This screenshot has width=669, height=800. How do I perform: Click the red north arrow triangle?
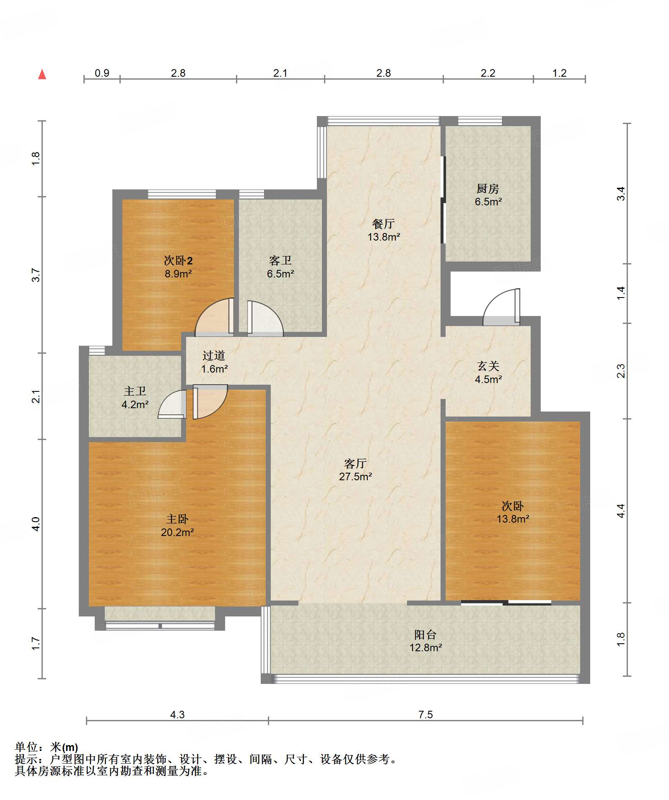[42, 74]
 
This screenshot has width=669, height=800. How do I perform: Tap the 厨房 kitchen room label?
[488, 189]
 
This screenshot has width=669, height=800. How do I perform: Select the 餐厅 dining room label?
[384, 224]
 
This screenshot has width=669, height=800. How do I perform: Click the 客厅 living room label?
[355, 463]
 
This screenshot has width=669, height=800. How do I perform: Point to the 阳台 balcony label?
[425, 634]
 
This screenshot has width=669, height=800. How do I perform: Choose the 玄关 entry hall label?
[488, 366]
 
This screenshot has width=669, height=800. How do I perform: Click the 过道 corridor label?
[214, 356]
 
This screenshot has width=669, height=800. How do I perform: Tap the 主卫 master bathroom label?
[135, 391]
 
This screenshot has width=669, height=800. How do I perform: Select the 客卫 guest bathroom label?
[280, 261]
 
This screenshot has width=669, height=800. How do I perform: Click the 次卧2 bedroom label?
[178, 261]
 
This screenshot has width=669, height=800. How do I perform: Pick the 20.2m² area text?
[177, 532]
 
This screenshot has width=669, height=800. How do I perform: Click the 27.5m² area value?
[355, 476]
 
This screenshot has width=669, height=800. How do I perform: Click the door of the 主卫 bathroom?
[172, 404]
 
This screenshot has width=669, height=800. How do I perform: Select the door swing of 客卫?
[265, 318]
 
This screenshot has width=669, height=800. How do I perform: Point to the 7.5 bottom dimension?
[425, 715]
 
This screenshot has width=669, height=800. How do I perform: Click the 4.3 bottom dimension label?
[177, 715]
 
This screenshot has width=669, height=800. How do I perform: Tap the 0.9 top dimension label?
[102, 73]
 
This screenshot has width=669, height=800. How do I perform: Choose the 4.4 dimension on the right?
[621, 510]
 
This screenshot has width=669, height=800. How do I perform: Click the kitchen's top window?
[480, 121]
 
